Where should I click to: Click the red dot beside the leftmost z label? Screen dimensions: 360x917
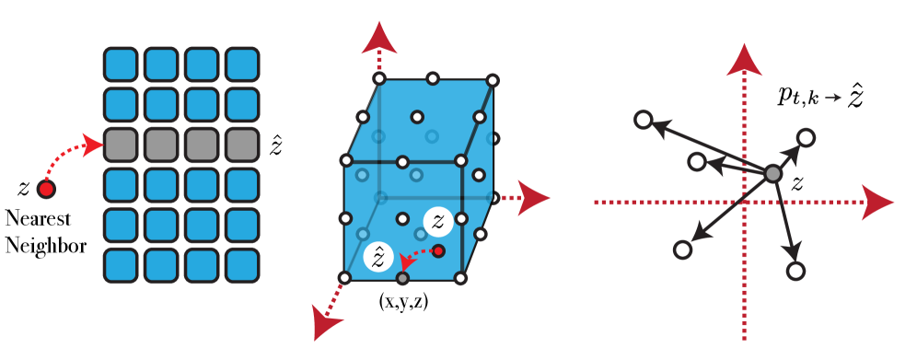point(46,189)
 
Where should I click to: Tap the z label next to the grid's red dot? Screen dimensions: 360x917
point(23,189)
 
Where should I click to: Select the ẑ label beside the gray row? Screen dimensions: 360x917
point(275,145)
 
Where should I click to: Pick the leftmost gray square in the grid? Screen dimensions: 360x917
point(120,145)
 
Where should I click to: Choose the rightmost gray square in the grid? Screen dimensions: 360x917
point(242,145)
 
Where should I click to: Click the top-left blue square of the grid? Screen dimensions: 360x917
point(120,64)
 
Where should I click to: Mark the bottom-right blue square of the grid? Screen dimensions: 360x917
point(242,265)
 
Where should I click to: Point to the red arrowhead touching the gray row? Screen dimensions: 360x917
point(91,145)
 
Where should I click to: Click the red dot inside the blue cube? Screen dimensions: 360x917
point(438,250)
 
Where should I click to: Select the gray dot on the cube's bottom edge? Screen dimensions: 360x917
point(402,278)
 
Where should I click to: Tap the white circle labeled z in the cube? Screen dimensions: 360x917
point(438,221)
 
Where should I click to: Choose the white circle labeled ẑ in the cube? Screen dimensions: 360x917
point(378,257)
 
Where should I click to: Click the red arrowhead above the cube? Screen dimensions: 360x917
point(378,39)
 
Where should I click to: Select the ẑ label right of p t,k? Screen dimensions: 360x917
point(856,96)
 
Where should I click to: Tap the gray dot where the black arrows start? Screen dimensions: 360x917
point(772,173)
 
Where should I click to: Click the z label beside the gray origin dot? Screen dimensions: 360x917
point(797,183)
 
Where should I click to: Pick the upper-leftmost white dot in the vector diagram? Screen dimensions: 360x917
point(644,120)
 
